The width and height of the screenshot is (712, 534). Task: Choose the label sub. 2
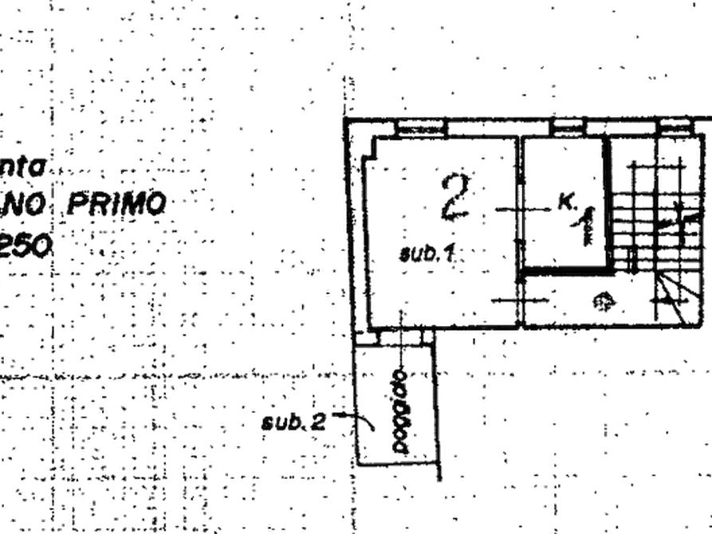[x=293, y=422]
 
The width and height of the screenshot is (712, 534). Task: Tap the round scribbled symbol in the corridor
[x=603, y=302]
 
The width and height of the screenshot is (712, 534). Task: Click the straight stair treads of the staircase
[x=638, y=215]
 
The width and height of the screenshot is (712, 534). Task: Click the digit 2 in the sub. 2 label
[x=319, y=422]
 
